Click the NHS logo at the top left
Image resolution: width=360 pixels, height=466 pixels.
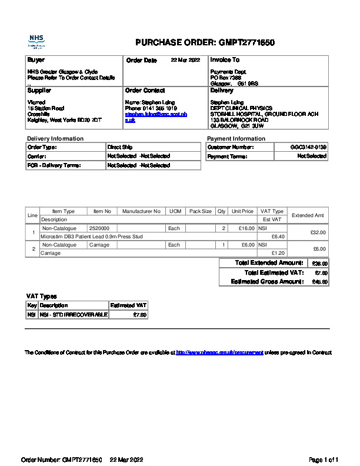[x=36, y=41]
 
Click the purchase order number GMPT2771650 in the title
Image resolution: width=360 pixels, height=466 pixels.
[x=246, y=42]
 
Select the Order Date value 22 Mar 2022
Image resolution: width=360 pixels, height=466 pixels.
[x=185, y=60]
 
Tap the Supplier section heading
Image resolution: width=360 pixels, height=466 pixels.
[x=39, y=91]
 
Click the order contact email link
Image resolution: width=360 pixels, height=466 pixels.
[x=155, y=117]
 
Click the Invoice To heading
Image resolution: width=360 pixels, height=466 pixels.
[x=225, y=60]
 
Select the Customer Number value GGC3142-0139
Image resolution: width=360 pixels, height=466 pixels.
[x=308, y=147]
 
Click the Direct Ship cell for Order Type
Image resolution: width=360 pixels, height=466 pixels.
[x=120, y=147]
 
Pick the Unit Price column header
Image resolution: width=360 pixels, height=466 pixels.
[x=242, y=211]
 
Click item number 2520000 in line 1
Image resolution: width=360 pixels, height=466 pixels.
[x=99, y=228]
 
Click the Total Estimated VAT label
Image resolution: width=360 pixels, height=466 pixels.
[x=274, y=272]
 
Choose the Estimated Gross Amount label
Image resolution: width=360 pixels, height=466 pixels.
[x=268, y=282]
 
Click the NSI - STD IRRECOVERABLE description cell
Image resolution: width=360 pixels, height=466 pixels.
[x=74, y=315]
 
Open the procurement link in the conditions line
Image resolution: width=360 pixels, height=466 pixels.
[x=219, y=352]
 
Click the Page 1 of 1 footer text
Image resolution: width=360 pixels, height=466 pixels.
[x=324, y=459]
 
